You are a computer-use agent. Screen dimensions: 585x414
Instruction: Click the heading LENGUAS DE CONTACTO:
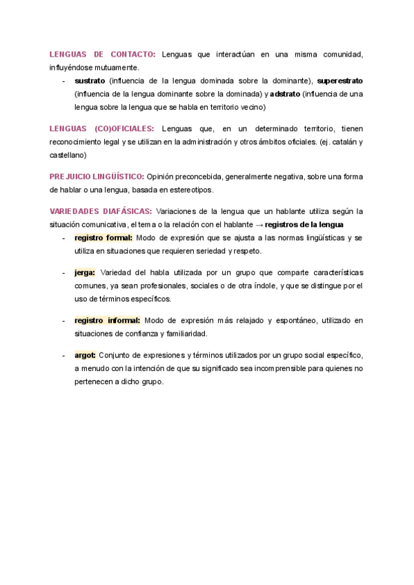(x=103, y=54)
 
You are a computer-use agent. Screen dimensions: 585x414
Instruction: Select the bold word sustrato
(x=90, y=81)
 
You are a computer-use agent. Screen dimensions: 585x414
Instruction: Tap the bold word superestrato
(x=339, y=81)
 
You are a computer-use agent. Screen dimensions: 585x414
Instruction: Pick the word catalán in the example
(x=340, y=142)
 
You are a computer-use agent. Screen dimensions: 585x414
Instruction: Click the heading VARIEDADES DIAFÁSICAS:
(x=101, y=211)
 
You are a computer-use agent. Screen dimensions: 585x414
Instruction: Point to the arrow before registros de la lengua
(x=259, y=224)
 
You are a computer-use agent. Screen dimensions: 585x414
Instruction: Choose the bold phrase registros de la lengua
(x=304, y=224)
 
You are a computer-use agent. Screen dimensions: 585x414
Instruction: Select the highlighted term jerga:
(x=85, y=272)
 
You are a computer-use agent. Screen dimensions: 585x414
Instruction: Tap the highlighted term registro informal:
(x=108, y=320)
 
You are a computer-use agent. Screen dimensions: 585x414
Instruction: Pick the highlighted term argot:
(x=86, y=355)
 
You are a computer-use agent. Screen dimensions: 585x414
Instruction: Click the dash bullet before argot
(x=63, y=355)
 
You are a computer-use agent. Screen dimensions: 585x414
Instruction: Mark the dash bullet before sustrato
(x=63, y=81)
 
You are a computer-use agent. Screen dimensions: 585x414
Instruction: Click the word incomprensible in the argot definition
(x=299, y=368)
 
